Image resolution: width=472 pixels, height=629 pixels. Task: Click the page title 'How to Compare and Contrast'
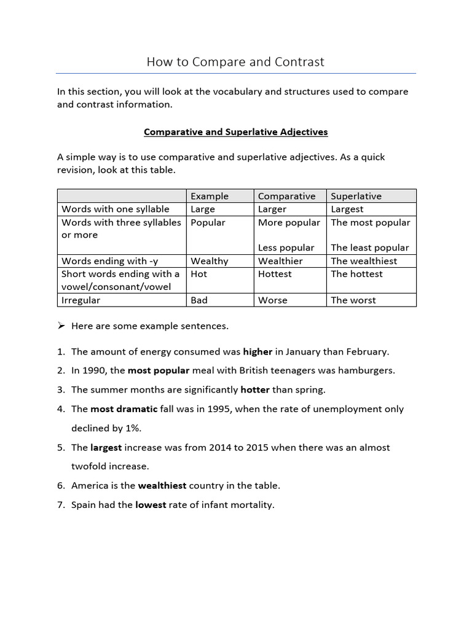pos(235,62)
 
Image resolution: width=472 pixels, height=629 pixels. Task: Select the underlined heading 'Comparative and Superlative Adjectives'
pos(235,132)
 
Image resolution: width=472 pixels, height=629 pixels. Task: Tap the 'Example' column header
pos(210,197)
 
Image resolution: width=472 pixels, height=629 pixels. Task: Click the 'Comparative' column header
pos(286,197)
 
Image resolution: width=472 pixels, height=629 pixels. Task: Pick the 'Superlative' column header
pos(356,197)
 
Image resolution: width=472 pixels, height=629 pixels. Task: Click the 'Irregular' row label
pos(81,300)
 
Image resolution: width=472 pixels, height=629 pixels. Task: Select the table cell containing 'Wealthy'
pos(209,261)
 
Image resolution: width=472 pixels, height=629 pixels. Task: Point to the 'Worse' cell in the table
pos(272,300)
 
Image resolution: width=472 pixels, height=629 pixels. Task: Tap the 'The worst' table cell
pos(353,300)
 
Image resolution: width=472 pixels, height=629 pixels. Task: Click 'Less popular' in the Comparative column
pos(286,248)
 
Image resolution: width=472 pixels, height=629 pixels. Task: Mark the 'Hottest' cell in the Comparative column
pos(275,274)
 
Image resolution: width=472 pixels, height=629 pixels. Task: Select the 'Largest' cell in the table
pos(347,209)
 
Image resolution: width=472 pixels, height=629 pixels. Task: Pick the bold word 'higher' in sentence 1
pos(258,352)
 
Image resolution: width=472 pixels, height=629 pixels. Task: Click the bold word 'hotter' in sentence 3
pos(255,390)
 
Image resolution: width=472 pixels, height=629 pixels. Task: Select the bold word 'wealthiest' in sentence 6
pos(162,486)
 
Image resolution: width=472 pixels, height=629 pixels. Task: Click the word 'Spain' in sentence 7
pos(84,505)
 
